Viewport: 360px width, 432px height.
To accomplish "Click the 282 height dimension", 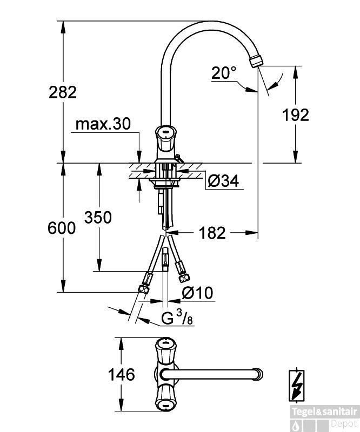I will (x=63, y=92).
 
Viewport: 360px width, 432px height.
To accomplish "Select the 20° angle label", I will (x=224, y=73).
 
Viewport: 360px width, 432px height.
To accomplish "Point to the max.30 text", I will (x=103, y=124).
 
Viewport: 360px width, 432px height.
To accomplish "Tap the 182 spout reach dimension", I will (x=211, y=233).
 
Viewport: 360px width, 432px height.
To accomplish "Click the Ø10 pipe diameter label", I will (x=197, y=293).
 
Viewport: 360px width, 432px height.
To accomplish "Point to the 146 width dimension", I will (x=121, y=374).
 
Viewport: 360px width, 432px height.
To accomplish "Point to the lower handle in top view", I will (x=165, y=397).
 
